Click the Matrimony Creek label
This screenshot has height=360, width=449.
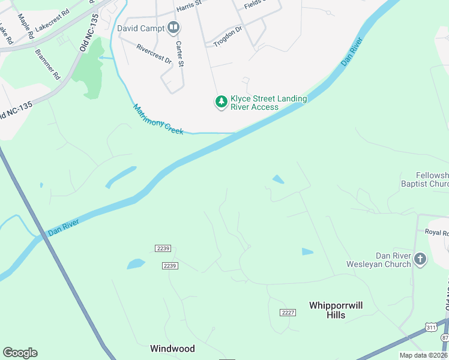coord(158,119)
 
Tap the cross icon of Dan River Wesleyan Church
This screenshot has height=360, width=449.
coord(420,260)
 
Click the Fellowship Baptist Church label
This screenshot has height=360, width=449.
coord(424,179)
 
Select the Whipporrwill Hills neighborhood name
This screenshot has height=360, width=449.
coord(336,310)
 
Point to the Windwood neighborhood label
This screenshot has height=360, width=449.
coord(172,348)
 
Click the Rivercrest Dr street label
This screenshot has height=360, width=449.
coord(154,54)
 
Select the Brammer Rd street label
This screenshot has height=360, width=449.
coord(48,65)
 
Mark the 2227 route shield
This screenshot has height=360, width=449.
coord(288,312)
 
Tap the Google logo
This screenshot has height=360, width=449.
coord(20,353)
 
